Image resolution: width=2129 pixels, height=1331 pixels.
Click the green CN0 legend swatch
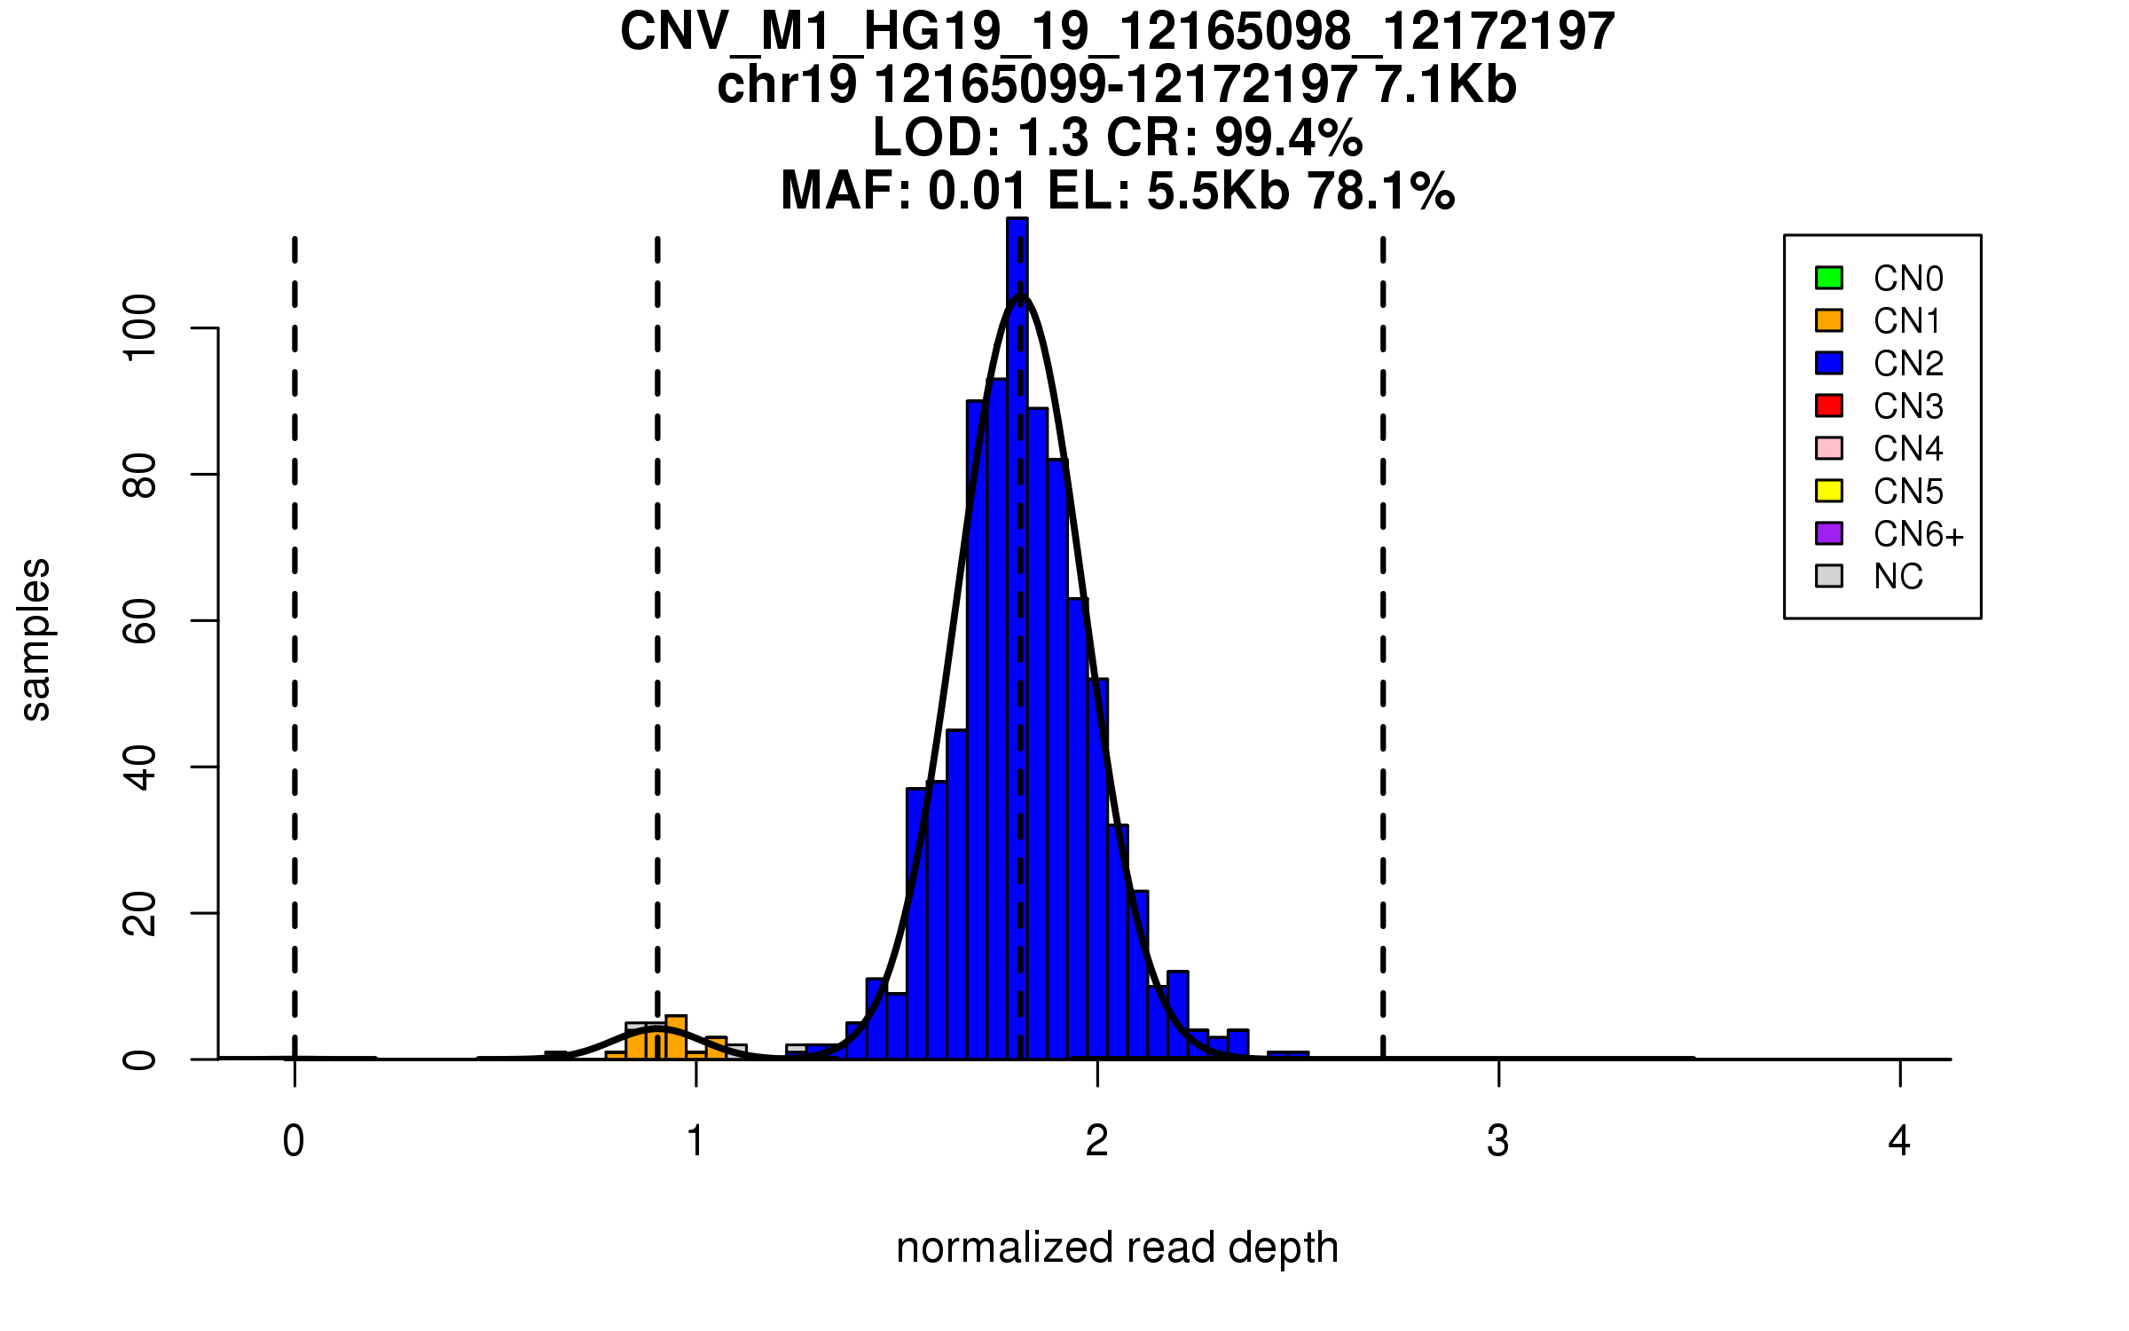(1828, 278)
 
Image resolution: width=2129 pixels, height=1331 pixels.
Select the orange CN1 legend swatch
(1828, 320)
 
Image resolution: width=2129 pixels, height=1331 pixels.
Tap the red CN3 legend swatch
(1828, 406)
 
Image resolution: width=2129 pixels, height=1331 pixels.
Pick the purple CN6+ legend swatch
(1828, 533)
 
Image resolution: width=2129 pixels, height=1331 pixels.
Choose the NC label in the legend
(1897, 577)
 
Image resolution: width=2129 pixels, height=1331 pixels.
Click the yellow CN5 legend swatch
(1828, 491)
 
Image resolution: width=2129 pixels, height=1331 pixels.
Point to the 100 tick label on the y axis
(140, 328)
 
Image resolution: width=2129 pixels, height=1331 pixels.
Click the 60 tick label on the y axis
(140, 620)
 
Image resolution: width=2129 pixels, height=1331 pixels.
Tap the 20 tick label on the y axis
(140, 913)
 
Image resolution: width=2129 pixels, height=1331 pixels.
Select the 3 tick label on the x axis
(1498, 1141)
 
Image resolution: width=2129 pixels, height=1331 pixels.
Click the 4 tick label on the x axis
(1899, 1141)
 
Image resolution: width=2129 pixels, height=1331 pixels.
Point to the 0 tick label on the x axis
(294, 1141)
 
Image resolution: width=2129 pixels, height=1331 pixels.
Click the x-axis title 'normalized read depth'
(1117, 1248)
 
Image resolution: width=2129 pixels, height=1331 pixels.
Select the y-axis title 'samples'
(35, 639)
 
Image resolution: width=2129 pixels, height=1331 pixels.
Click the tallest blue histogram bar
(1017, 621)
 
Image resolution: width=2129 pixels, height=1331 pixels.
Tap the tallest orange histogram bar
(676, 1038)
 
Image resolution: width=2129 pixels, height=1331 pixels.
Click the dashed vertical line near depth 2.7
(1383, 621)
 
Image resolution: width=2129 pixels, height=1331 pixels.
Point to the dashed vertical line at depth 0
(295, 621)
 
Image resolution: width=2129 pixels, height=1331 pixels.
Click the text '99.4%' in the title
(1288, 138)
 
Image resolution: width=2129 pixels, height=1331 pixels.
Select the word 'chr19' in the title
(787, 85)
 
